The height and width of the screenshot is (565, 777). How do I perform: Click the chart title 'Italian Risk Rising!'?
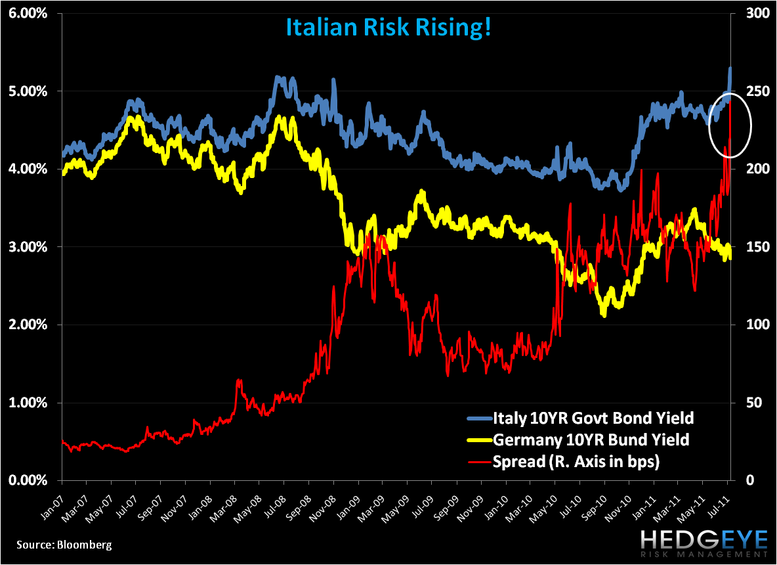coord(388,28)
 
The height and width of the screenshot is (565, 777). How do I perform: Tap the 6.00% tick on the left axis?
coord(28,13)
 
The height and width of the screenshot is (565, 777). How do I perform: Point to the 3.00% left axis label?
coord(28,247)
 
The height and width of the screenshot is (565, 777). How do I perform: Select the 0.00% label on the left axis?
coord(28,480)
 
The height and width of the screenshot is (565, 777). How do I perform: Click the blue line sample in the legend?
coord(479,418)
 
